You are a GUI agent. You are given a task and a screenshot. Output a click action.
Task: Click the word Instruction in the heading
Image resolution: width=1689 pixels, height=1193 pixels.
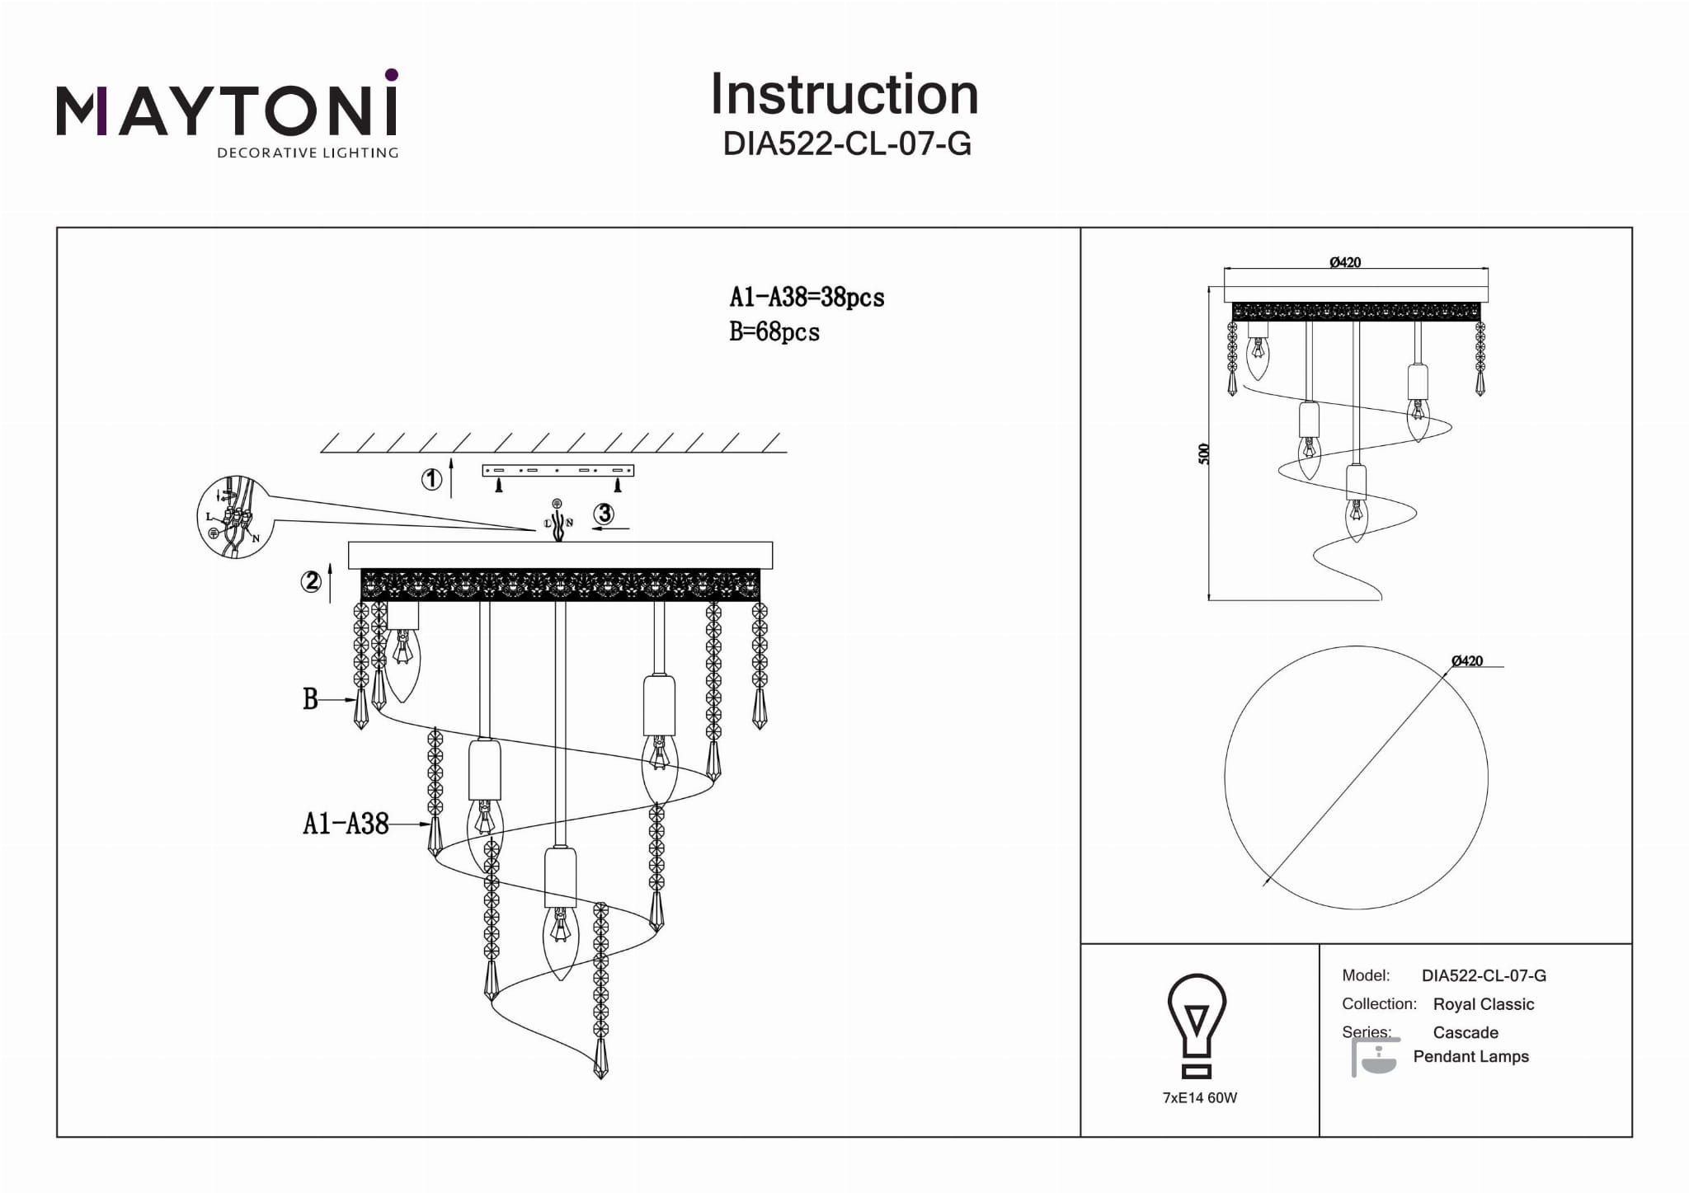click(x=844, y=95)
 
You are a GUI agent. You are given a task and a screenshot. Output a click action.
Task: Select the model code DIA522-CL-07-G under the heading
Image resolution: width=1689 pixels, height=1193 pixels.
click(x=847, y=144)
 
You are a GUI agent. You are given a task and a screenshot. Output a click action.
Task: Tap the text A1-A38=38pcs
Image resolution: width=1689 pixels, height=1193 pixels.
click(x=807, y=298)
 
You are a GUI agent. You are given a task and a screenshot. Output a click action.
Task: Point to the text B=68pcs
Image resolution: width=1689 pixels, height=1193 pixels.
click(x=774, y=332)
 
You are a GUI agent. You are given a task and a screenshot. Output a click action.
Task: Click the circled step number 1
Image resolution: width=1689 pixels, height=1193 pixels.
click(x=431, y=479)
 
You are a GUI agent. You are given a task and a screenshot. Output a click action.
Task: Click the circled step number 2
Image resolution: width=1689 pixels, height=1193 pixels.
click(x=311, y=582)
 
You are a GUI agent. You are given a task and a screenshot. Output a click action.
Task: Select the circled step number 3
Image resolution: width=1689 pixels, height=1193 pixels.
click(x=605, y=514)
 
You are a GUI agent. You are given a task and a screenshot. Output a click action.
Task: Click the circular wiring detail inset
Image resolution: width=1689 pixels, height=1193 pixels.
click(x=233, y=518)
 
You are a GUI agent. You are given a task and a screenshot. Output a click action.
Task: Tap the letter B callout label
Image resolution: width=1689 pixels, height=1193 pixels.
click(x=310, y=700)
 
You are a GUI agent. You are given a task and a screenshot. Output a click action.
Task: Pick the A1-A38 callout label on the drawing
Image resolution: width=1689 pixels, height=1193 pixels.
click(x=346, y=824)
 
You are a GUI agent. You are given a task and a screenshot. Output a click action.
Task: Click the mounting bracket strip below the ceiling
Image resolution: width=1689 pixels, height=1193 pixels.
click(x=558, y=471)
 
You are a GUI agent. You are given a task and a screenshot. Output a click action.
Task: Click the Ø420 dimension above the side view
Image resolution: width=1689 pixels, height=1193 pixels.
click(x=1345, y=262)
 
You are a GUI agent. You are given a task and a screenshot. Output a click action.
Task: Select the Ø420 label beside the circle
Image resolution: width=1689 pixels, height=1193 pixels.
click(x=1467, y=660)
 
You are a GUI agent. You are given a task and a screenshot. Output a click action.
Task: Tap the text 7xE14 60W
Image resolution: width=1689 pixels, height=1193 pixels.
click(x=1200, y=1098)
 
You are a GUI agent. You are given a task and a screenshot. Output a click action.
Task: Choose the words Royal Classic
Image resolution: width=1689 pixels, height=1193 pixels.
click(x=1484, y=1004)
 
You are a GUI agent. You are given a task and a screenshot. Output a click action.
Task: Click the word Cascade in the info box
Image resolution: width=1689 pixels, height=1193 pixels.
click(x=1466, y=1032)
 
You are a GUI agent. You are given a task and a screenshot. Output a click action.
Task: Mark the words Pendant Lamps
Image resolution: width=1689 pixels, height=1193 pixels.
click(x=1470, y=1057)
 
